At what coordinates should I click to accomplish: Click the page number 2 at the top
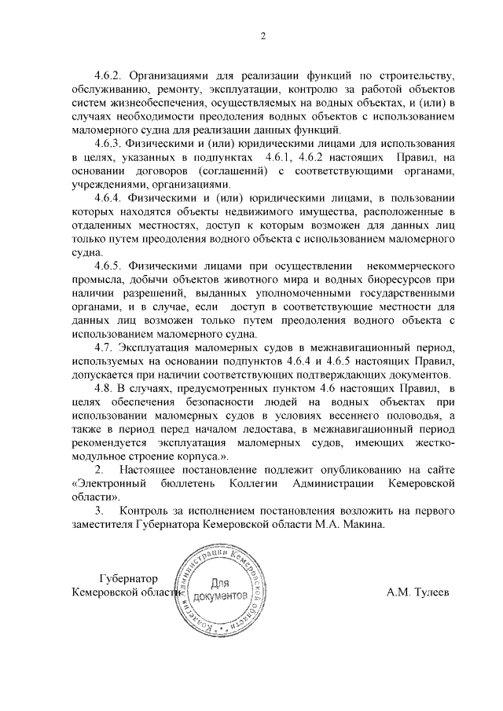[x=263, y=35]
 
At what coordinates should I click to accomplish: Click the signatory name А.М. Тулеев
[x=417, y=592]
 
